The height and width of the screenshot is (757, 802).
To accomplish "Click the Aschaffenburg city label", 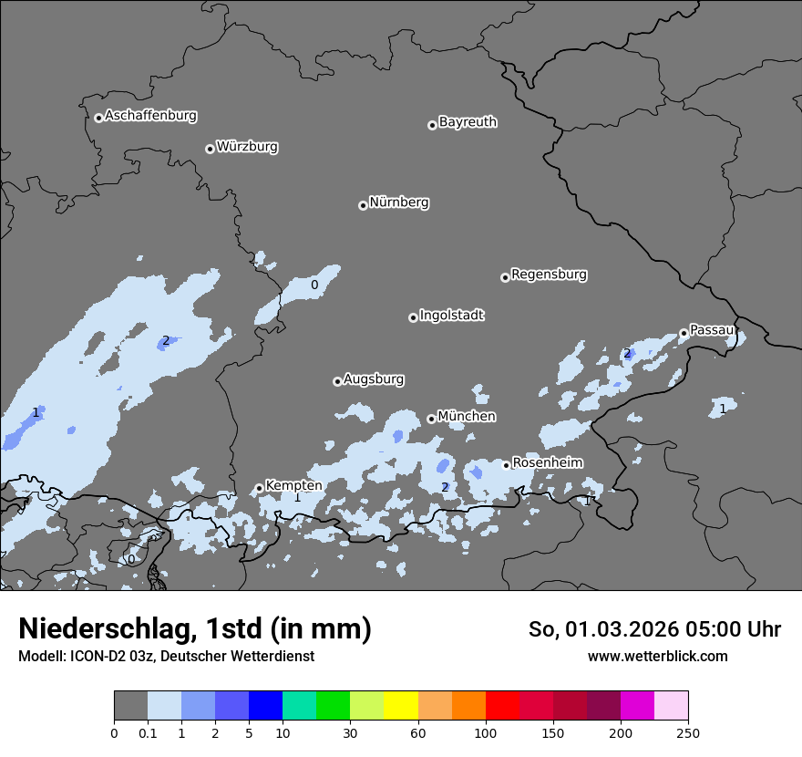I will pos(150,116).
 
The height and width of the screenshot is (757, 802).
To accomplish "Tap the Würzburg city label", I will pos(247,147).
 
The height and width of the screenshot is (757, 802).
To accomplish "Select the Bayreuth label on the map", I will pos(468,122).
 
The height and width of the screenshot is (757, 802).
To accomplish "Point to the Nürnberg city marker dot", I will pos(363,205).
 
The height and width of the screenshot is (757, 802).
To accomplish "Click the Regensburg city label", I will pos(549,275).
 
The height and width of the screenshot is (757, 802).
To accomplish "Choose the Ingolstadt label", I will pos(451,316).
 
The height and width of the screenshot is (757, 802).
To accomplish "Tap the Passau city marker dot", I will pos(684,333).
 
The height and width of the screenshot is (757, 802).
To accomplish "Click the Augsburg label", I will pos(374,379).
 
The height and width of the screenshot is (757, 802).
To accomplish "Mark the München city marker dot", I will pos(431,420).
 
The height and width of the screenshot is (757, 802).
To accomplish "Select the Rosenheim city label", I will pos(547,463).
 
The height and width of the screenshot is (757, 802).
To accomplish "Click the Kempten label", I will pos(293,486).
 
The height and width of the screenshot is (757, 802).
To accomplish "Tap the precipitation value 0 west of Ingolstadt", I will pos(314,285).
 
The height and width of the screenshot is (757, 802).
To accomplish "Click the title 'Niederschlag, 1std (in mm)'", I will pos(195,628).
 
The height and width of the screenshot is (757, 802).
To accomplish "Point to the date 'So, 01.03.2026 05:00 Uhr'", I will pos(654,629).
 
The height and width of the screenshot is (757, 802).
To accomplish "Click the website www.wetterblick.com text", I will pos(657,657).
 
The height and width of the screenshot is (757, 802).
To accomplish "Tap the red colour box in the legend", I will pos(502,706).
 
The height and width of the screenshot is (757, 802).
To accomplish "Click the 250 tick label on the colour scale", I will pos(688,732).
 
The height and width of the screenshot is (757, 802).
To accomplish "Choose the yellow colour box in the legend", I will pos(401,706).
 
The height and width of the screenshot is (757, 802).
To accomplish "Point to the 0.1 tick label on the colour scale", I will pos(148,732).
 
